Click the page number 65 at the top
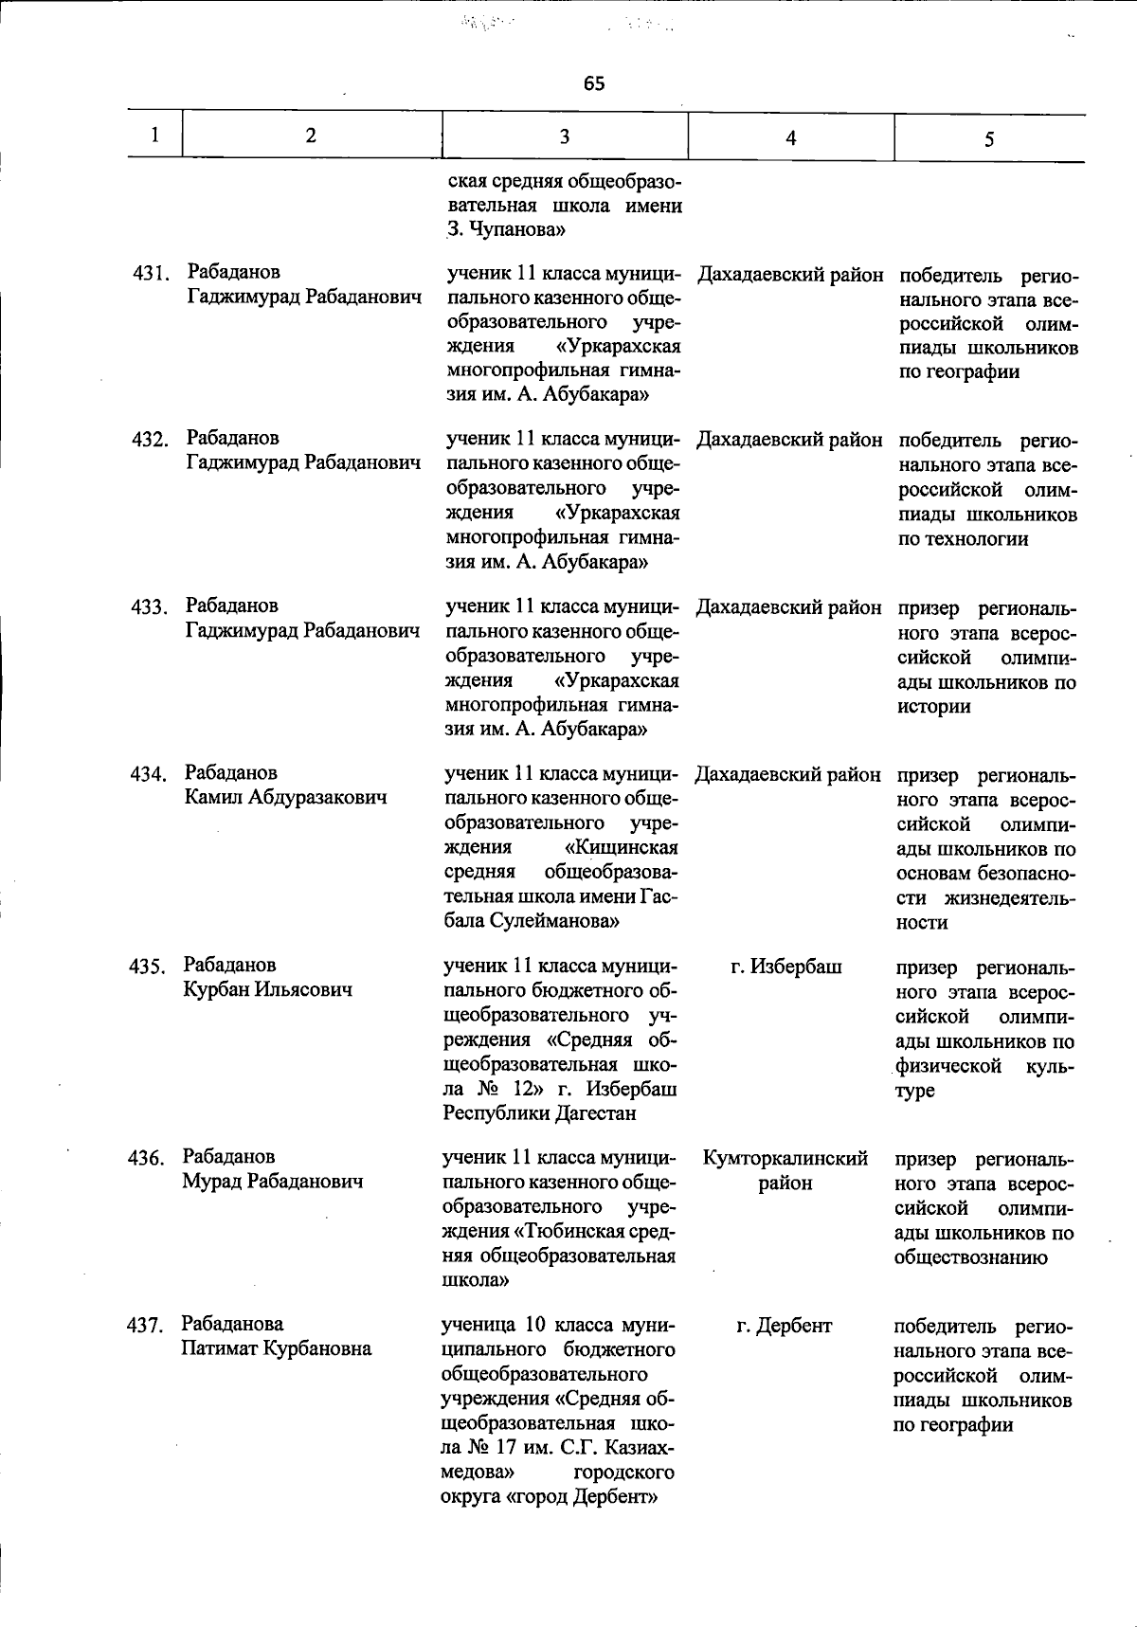point(594,83)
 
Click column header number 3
point(564,136)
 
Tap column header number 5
point(988,139)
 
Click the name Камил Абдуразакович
point(286,798)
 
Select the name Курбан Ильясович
point(268,989)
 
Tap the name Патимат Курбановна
point(277,1348)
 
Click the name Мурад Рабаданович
point(273,1182)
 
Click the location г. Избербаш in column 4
point(786,967)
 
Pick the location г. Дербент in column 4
point(785,1326)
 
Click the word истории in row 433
point(934,706)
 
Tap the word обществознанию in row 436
point(971,1257)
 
